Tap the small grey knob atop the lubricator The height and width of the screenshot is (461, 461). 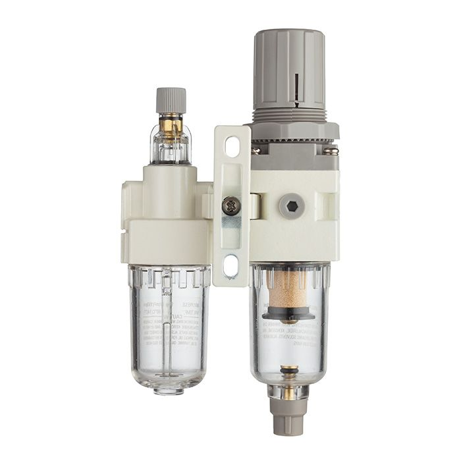click(x=171, y=101)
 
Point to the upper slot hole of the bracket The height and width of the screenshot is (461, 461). click(x=232, y=148)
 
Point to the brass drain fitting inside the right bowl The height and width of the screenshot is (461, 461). click(x=288, y=376)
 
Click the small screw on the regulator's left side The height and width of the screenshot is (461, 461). click(x=254, y=151)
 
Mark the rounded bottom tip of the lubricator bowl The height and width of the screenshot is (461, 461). click(x=170, y=390)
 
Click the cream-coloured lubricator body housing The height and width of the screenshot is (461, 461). click(x=168, y=217)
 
